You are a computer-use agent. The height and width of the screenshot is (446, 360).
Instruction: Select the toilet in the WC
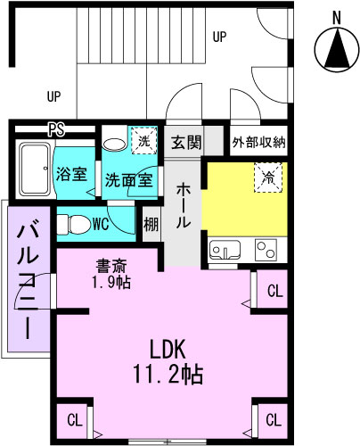coord(74,224)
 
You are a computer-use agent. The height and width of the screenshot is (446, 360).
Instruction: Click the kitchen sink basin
coord(225,250)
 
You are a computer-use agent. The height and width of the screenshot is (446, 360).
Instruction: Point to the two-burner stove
coord(266,250)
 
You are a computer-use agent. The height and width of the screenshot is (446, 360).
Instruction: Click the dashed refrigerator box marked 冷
coord(268,178)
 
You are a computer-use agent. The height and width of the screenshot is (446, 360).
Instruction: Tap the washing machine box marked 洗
coord(144,141)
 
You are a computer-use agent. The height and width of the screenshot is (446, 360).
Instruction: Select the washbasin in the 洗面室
coord(115,144)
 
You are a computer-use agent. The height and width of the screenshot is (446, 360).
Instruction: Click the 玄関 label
coord(186,143)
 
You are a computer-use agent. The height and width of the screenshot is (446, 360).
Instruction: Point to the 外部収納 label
coord(259,143)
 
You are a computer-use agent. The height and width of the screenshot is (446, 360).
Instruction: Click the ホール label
coord(183,206)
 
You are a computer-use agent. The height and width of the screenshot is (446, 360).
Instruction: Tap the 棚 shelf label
coord(151,225)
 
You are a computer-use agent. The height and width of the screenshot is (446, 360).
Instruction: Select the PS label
coord(56,129)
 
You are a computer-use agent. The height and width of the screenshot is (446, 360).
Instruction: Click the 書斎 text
coord(111,266)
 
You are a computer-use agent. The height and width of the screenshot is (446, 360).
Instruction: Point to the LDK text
coord(168,350)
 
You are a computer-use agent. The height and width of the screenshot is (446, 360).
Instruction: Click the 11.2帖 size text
coord(168,374)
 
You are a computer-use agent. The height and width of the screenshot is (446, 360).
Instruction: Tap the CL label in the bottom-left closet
coord(74,421)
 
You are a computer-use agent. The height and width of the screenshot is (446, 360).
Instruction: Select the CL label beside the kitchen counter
coord(275,291)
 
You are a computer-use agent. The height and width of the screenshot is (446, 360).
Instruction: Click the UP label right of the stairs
coord(219,37)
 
